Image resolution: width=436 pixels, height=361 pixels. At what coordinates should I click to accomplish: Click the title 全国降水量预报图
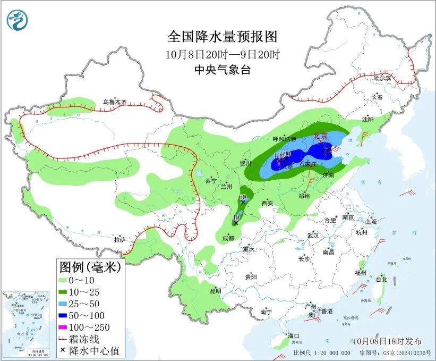(x=223, y=37)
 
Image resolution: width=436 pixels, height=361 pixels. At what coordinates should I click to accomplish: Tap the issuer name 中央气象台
(x=223, y=70)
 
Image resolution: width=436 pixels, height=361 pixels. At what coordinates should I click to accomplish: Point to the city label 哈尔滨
(x=381, y=78)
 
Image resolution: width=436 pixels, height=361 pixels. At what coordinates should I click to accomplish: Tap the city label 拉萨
(x=119, y=239)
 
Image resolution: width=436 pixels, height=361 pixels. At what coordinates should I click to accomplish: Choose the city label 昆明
(x=215, y=291)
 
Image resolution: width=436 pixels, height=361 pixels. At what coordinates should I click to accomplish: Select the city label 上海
(x=371, y=221)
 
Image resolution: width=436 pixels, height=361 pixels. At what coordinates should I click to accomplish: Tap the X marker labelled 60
(x=243, y=202)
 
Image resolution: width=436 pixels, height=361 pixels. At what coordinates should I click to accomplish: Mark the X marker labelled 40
(x=236, y=223)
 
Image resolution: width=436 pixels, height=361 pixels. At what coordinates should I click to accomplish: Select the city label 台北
(x=381, y=279)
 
